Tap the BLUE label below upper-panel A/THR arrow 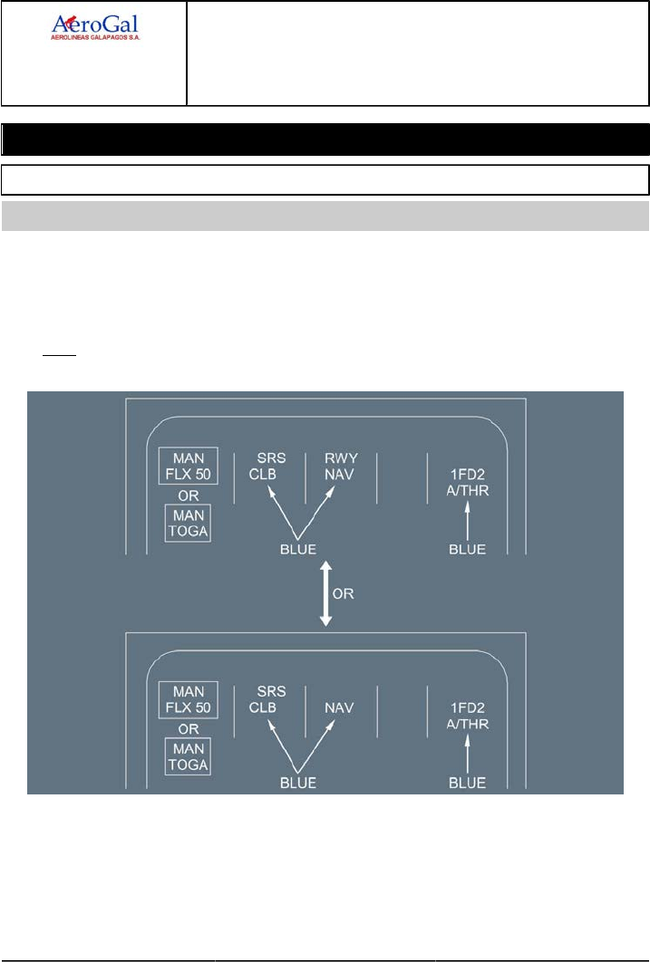pos(468,549)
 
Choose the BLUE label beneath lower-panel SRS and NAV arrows pos(298,783)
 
